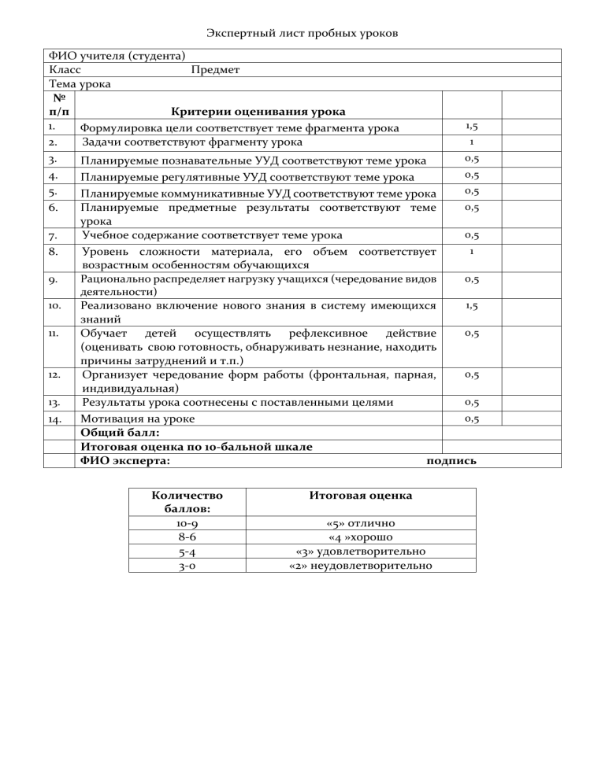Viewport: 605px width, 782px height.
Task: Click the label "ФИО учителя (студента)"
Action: pyautogui.click(x=117, y=56)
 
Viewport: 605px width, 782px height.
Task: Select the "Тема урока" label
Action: pyautogui.click(x=80, y=83)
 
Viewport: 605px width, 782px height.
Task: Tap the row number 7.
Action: pyautogui.click(x=53, y=236)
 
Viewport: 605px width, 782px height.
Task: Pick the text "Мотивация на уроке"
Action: pyautogui.click(x=138, y=419)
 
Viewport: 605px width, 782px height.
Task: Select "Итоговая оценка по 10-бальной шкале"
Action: pyautogui.click(x=196, y=446)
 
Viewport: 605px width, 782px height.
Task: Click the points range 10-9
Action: pyautogui.click(x=187, y=523)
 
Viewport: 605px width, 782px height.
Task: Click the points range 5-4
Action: pyautogui.click(x=187, y=551)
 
